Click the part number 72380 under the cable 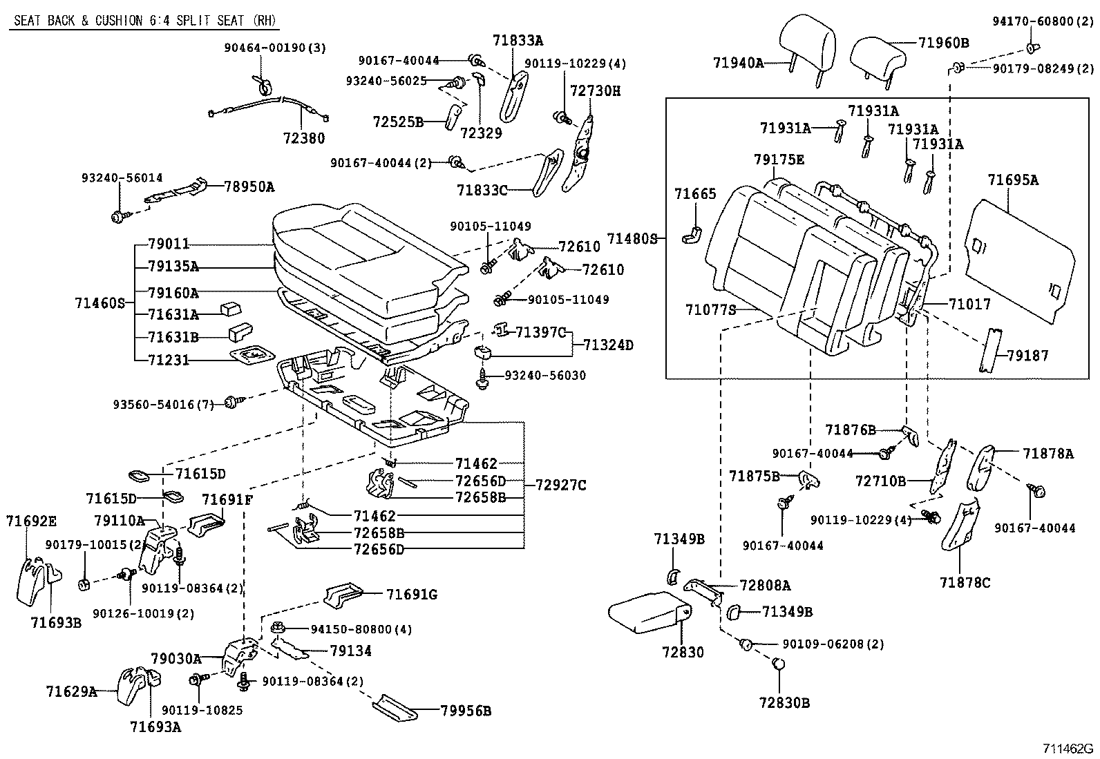click(304, 137)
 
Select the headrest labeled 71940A click(806, 43)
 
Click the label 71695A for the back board click(1012, 180)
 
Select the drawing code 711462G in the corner click(1068, 748)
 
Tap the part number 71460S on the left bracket click(99, 302)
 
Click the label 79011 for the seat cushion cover click(169, 244)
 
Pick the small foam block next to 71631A click(229, 309)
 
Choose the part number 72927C click(560, 486)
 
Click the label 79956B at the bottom click(465, 710)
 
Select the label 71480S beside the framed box click(632, 238)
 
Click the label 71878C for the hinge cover click(965, 583)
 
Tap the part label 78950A click(249, 186)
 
